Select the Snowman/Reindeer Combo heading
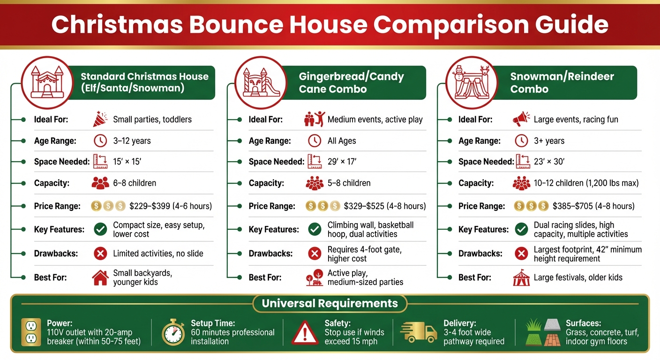pyautogui.click(x=562, y=82)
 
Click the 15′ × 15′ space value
pyautogui.click(x=127, y=162)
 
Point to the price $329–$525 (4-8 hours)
pyautogui.click(x=385, y=206)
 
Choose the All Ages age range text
pyautogui.click(x=342, y=141)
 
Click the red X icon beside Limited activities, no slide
pyautogui.click(x=100, y=254)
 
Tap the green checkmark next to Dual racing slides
pyautogui.click(x=521, y=229)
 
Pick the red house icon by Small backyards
pyautogui.click(x=100, y=277)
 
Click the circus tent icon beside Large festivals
pyautogui.click(x=521, y=277)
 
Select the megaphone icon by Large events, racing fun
pyautogui.click(x=521, y=119)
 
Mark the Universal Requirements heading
pyautogui.click(x=330, y=303)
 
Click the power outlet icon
pyautogui.click(x=31, y=332)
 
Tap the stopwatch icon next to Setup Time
pyautogui.click(x=173, y=332)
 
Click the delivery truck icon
pyautogui.click(x=418, y=332)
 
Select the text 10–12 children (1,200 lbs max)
pyautogui.click(x=586, y=183)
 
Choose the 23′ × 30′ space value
pyautogui.click(x=549, y=162)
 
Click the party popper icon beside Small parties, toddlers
pyautogui.click(x=100, y=119)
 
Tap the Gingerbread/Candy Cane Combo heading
pyautogui.click(x=351, y=82)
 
